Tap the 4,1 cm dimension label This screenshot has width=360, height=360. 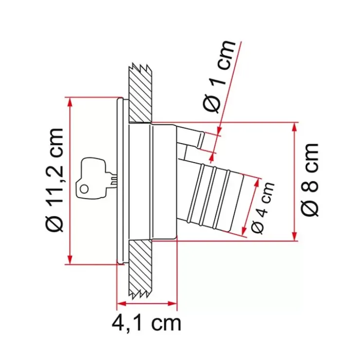pos(146,323)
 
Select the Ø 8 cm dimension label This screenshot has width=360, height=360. pos(310,180)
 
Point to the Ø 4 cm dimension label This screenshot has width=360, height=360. pos(263,208)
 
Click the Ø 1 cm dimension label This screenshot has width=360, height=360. pos(219,76)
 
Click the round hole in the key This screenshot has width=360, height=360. pos(84,189)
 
